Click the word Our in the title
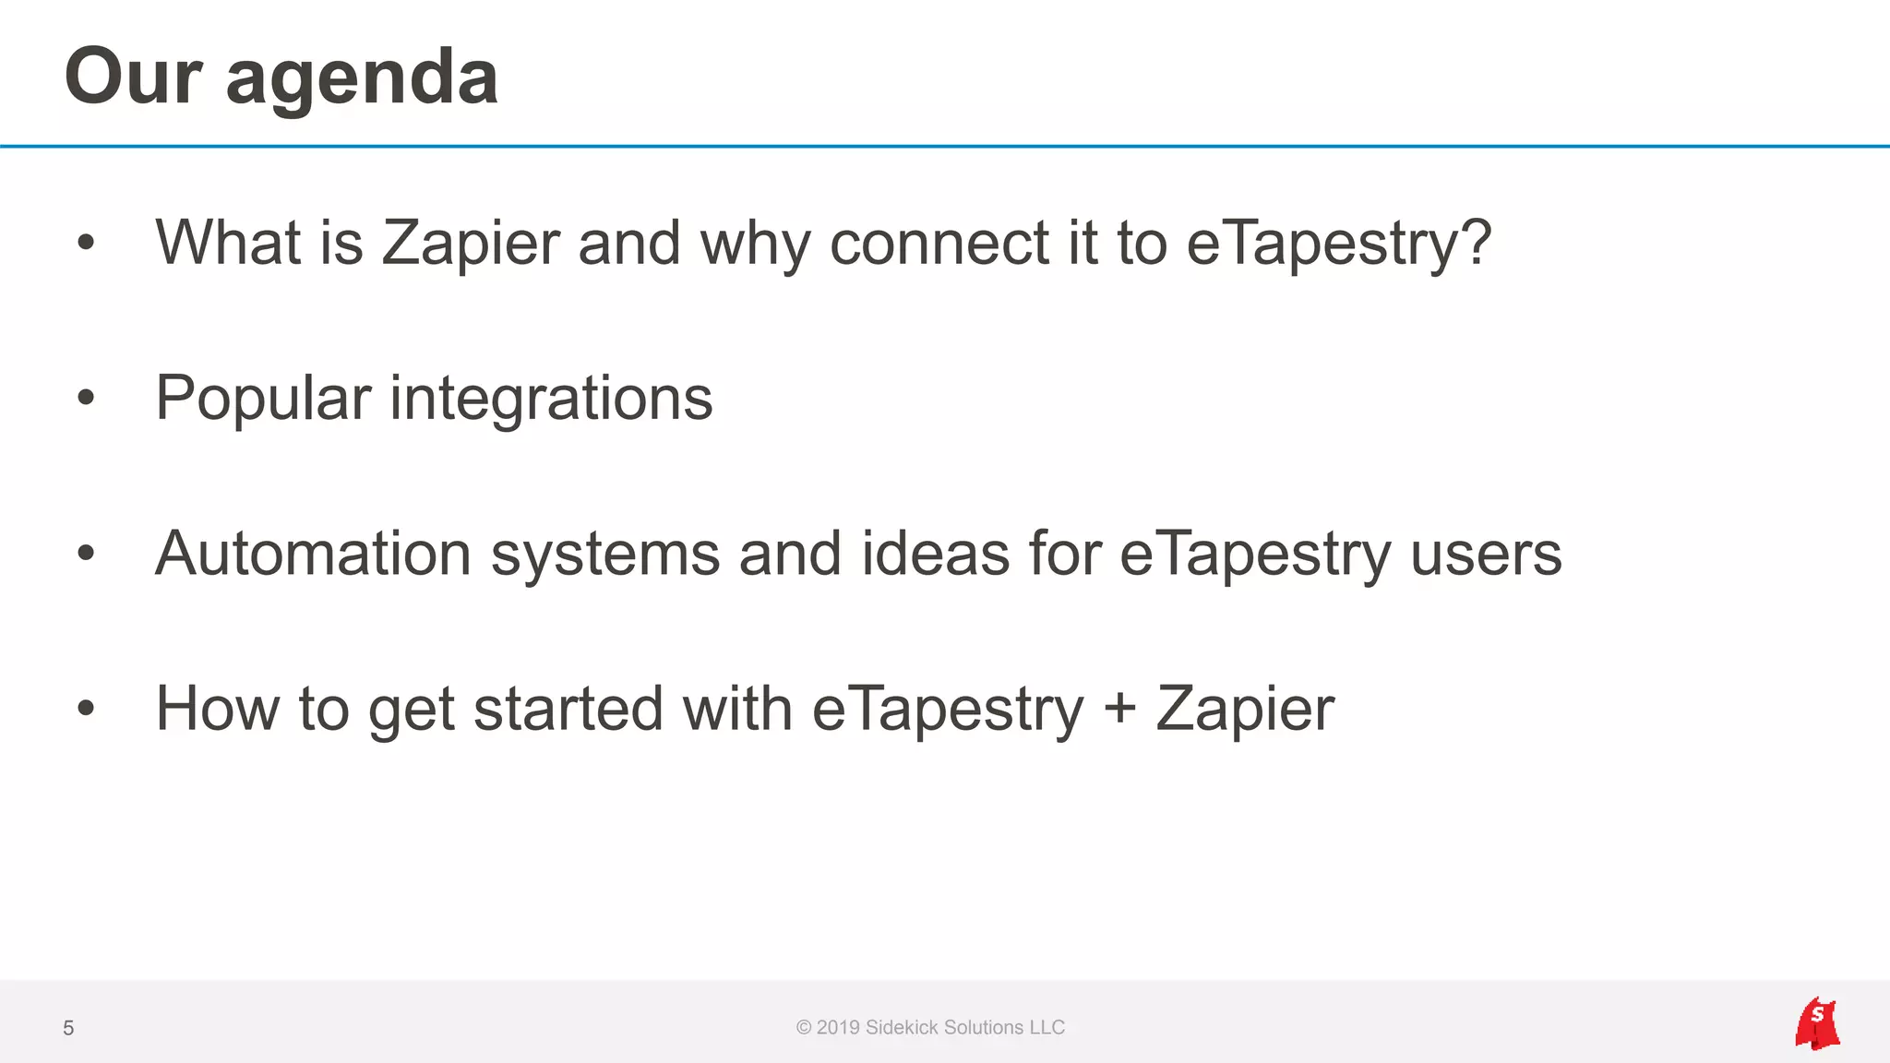[133, 78]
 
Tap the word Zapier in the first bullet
[471, 244]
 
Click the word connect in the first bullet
[939, 244]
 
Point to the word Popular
[263, 399]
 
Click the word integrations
[551, 399]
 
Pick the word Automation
[313, 554]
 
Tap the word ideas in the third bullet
[935, 554]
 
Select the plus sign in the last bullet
[1119, 709]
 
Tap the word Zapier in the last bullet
[1244, 709]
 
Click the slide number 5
[68, 1028]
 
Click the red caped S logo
[1816, 1023]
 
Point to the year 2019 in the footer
[838, 1028]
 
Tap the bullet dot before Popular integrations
[86, 398]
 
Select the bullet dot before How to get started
[86, 709]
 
